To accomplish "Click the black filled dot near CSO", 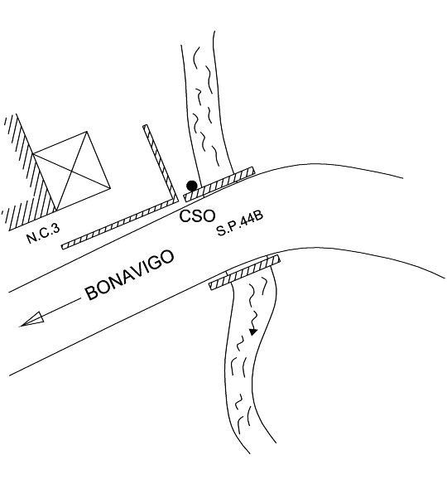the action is point(192,186).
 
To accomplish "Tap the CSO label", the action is point(197,215).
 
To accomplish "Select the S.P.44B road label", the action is point(240,223).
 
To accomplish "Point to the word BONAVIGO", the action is point(130,275).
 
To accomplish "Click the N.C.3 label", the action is point(43,234).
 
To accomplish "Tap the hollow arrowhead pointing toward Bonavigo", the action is point(32,319).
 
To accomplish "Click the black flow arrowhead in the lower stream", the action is point(253,332).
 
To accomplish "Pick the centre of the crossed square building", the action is point(71,171).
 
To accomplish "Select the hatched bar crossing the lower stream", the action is point(245,272).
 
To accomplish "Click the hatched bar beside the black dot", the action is point(219,185).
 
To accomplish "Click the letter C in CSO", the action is point(185,216).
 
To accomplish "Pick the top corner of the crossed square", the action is point(87,132).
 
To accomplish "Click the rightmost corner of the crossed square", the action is point(110,187).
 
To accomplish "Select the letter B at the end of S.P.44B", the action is point(258,215).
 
